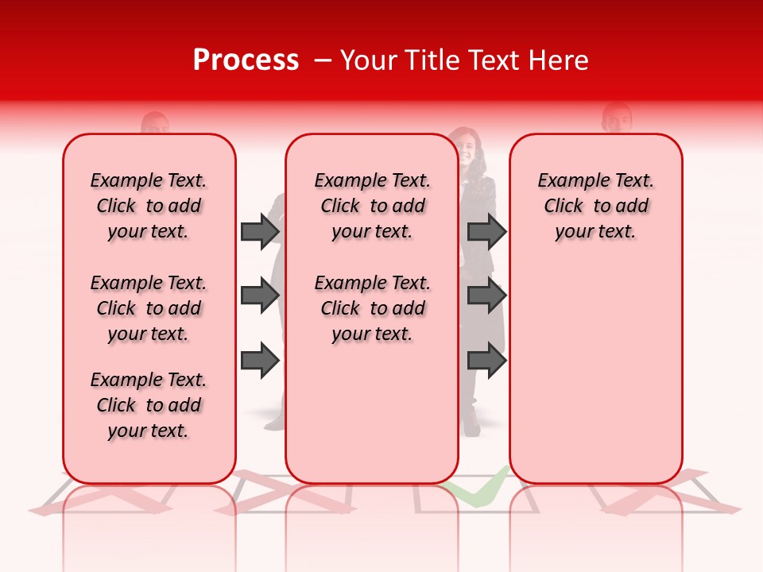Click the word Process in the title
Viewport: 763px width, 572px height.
click(246, 60)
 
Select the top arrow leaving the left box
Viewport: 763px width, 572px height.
click(260, 231)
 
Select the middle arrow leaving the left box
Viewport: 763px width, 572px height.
click(260, 296)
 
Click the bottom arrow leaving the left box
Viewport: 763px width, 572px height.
click(260, 361)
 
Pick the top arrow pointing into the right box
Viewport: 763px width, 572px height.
click(486, 231)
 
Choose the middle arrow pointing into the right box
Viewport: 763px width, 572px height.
click(486, 296)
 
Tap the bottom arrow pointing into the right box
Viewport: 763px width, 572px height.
click(486, 361)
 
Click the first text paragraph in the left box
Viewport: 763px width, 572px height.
click(149, 206)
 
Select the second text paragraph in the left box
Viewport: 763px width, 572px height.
click(149, 308)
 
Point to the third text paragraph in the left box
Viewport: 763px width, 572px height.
click(149, 405)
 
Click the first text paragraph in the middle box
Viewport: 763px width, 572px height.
click(372, 206)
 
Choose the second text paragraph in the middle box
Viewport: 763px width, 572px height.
click(372, 308)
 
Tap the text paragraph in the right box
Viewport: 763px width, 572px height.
click(595, 206)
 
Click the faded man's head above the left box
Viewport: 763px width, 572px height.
click(155, 124)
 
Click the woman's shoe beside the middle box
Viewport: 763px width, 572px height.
click(471, 428)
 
